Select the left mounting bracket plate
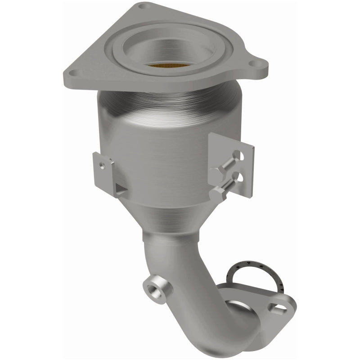[103, 171]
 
